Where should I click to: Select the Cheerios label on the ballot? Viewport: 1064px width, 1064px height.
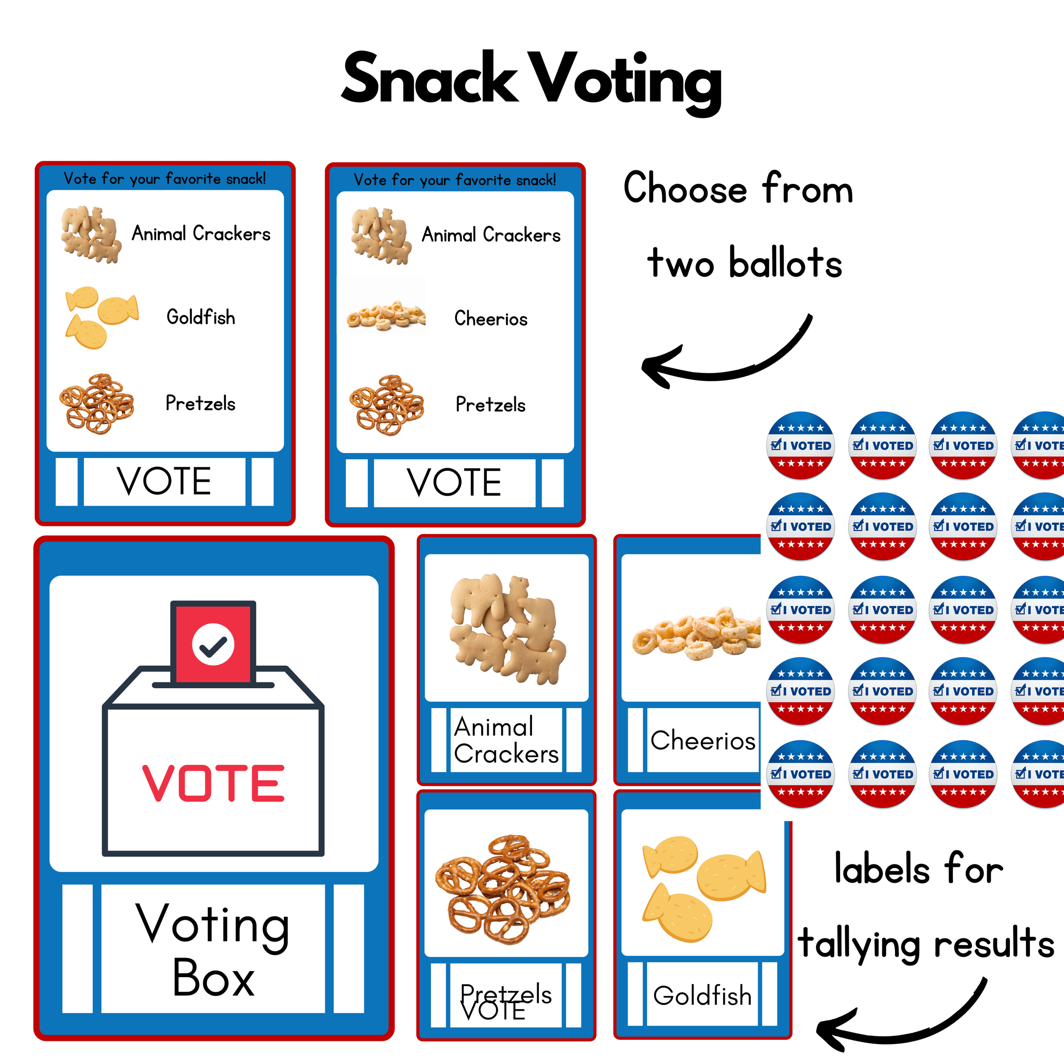coord(491,318)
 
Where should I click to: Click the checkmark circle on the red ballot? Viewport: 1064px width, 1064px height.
coord(213,645)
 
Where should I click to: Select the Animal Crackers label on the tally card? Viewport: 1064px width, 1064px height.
coord(506,740)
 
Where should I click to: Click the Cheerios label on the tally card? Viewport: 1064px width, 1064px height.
coord(703,741)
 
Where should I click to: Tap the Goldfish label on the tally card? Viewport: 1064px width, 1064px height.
coord(702,996)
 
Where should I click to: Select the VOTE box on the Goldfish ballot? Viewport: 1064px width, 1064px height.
coord(164,481)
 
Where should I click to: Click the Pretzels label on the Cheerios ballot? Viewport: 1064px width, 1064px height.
coord(490,405)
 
